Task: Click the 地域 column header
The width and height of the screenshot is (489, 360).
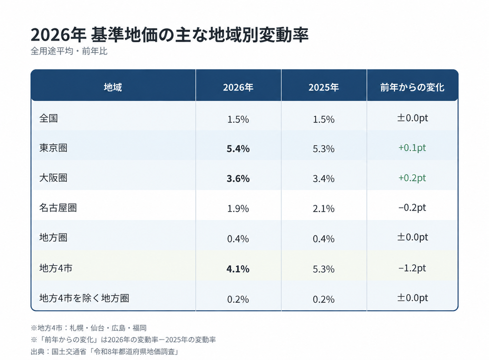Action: coord(113,87)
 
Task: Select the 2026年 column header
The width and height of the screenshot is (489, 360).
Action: coord(238,87)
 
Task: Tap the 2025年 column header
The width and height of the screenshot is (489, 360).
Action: coord(324,87)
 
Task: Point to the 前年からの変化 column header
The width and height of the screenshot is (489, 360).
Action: coord(412,87)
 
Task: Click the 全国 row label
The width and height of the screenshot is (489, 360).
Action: coord(49,118)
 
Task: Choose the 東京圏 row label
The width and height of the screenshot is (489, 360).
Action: coord(53,148)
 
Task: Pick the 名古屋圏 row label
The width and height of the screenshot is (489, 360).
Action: coord(58,208)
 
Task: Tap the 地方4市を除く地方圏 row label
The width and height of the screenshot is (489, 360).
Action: coord(84,298)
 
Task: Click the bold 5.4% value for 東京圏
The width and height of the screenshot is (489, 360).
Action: coord(238,148)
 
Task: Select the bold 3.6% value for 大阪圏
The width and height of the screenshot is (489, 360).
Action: coord(238,179)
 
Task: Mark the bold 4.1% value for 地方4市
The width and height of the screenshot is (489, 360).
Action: coord(238,269)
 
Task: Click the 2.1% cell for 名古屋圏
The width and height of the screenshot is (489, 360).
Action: coord(324,209)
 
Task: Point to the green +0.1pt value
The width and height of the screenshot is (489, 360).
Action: coord(412,148)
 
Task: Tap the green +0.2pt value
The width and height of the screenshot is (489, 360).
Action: coord(412,178)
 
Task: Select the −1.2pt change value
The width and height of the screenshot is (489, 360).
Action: coord(412,268)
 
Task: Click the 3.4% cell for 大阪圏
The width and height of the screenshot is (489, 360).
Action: coord(324,179)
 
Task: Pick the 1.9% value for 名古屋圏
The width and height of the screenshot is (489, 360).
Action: coord(238,209)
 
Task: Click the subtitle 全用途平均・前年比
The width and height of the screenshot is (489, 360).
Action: coord(69,51)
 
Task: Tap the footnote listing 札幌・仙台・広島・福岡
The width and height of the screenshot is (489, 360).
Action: coord(88,328)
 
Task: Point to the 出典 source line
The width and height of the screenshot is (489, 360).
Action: coord(105,351)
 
